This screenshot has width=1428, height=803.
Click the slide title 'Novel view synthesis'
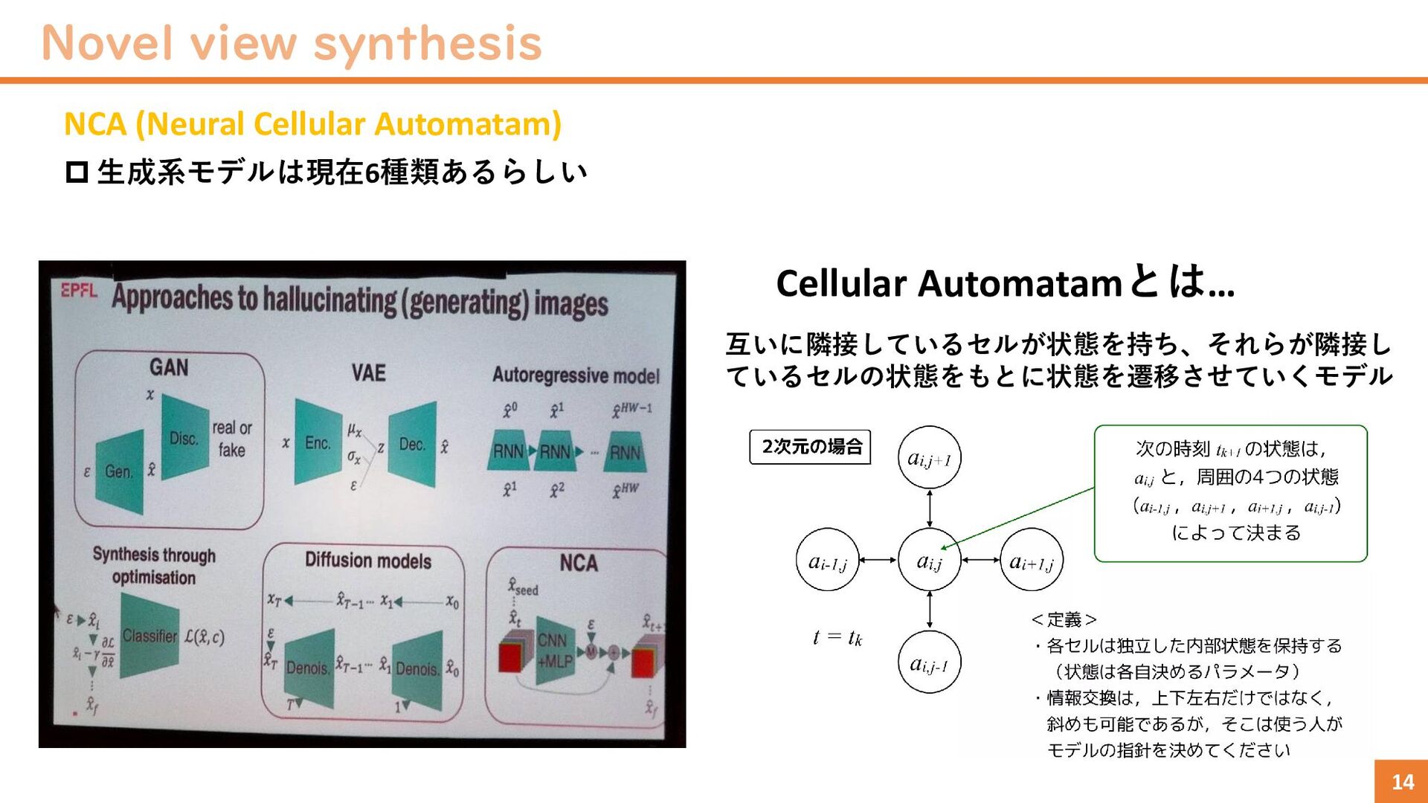292,43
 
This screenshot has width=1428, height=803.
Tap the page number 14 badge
1401,781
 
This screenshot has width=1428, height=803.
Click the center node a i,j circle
930,560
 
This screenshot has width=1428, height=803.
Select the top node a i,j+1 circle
930,458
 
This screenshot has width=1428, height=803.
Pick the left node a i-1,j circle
827,560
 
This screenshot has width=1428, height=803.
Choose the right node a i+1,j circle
1032,560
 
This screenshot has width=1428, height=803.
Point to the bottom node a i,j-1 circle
930,662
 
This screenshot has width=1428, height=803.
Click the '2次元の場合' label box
810,447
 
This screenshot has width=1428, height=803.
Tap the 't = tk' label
837,637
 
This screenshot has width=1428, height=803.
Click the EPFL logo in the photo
79,290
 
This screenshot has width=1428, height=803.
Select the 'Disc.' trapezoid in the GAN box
184,437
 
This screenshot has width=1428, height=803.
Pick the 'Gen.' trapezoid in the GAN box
120,471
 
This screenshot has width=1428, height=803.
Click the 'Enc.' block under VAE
318,443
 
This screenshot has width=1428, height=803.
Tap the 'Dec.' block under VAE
412,445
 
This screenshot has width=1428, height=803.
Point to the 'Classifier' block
150,636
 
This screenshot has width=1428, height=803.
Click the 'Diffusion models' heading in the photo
368,561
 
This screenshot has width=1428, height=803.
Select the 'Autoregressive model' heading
576,375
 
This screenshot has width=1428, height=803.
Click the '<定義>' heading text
1064,619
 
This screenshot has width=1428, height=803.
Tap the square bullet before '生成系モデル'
77,172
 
